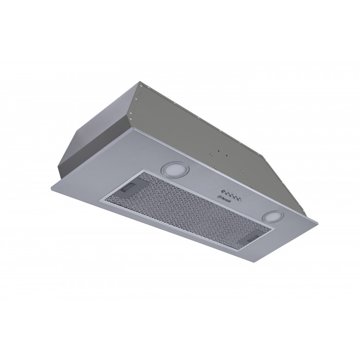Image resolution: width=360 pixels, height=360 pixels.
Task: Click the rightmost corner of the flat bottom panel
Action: (317, 222)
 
